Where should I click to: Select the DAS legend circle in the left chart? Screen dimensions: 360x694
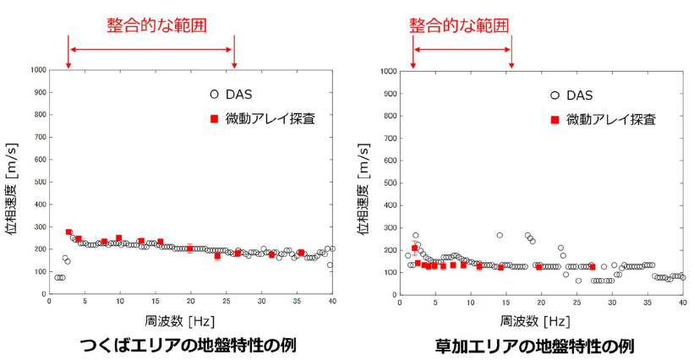[215, 95]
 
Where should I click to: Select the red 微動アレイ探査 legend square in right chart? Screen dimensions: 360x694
[555, 119]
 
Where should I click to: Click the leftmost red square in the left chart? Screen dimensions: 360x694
[68, 232]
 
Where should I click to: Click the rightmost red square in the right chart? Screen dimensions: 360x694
[592, 267]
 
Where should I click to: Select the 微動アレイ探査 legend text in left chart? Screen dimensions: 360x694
[270, 118]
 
